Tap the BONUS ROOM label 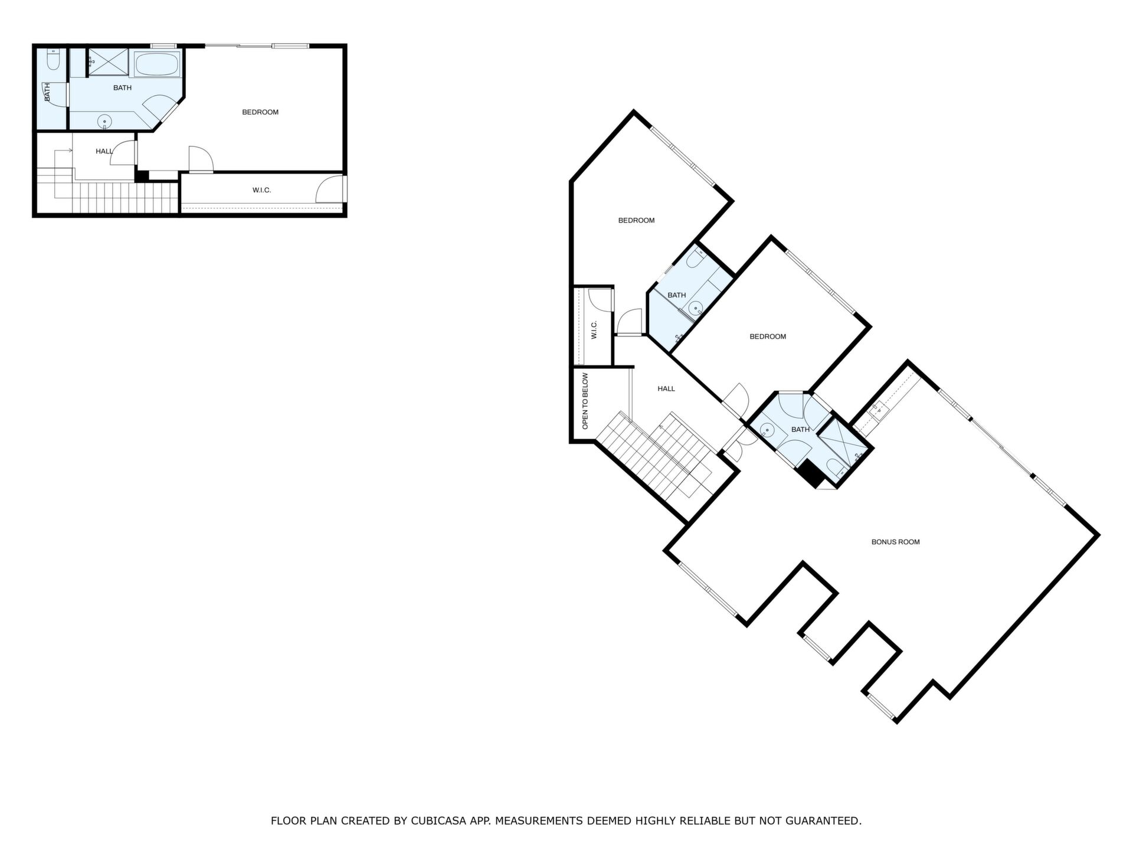(x=895, y=542)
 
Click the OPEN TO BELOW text (x=585, y=401)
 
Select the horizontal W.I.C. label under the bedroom (x=261, y=190)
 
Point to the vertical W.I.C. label (x=594, y=330)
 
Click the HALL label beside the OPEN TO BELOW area (x=666, y=388)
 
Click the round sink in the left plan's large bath (x=104, y=122)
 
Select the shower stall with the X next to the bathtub (x=108, y=63)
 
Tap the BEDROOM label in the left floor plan (x=260, y=112)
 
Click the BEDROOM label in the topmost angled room (x=636, y=220)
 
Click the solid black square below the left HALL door (x=142, y=175)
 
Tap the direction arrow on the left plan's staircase (x=63, y=151)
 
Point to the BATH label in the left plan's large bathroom (x=122, y=88)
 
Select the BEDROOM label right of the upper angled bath (x=768, y=336)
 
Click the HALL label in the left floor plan (x=104, y=152)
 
